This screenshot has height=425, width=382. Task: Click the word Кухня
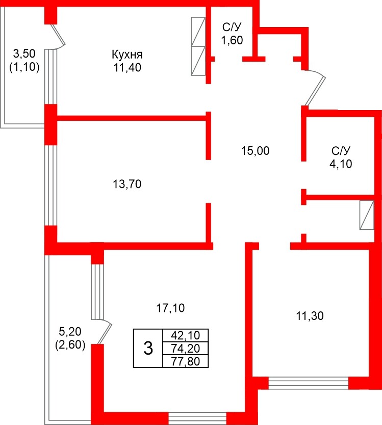coord(127,55)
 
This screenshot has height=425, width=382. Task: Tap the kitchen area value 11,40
coord(127,67)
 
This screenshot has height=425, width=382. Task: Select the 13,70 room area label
coord(127,184)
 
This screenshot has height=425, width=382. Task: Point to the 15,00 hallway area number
coord(256,151)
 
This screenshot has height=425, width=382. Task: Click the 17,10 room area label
coord(171,308)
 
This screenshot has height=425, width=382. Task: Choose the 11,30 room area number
coord(310,316)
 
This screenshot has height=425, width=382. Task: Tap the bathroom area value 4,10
coord(341,164)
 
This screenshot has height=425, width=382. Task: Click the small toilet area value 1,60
coord(232,40)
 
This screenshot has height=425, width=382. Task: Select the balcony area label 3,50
coord(24,54)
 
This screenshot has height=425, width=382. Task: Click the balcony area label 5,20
coord(70,331)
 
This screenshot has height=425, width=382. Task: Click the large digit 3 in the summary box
coord(148,348)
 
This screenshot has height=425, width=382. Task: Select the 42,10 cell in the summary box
coord(185,335)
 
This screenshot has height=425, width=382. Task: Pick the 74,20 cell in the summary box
coord(185,348)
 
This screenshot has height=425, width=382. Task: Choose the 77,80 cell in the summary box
coord(185,361)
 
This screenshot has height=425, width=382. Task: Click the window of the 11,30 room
coord(309,383)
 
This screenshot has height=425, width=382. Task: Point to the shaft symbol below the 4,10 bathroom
coord(367,215)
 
